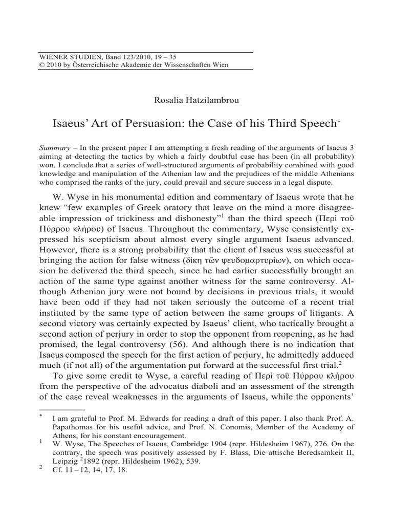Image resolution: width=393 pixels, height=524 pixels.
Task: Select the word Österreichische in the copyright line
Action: click(97, 65)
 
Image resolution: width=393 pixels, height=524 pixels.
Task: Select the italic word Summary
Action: click(54, 147)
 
